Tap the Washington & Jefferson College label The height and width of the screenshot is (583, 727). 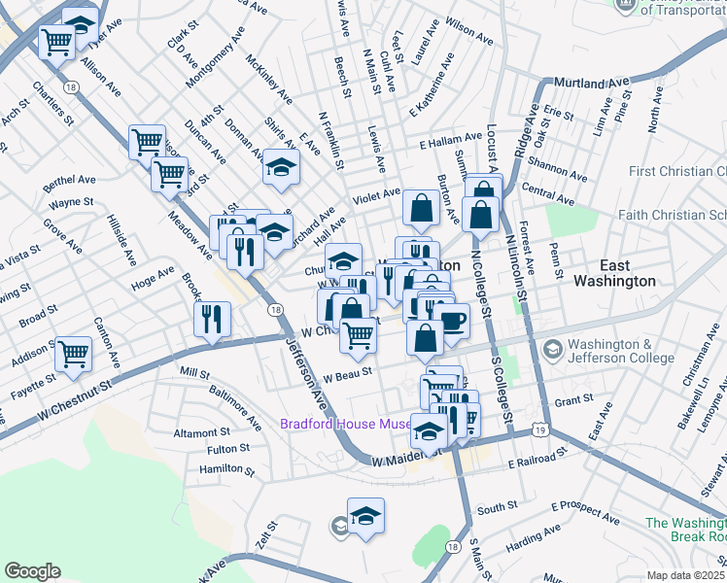pyautogui.click(x=619, y=351)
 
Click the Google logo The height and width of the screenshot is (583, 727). pyautogui.click(x=32, y=570)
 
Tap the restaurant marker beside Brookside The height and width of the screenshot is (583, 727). pyautogui.click(x=211, y=318)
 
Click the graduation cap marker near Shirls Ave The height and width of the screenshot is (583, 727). pyautogui.click(x=282, y=168)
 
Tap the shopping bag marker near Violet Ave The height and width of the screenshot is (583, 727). pyautogui.click(x=420, y=206)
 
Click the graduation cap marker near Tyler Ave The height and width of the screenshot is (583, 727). pyautogui.click(x=80, y=21)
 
